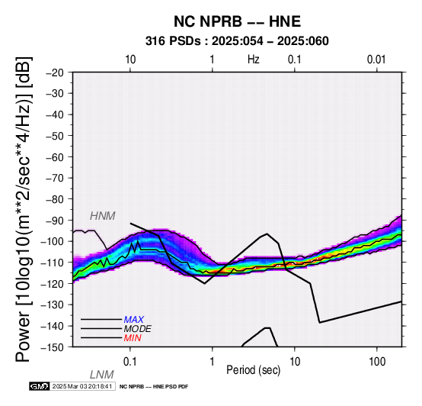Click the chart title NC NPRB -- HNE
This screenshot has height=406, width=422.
(237, 21)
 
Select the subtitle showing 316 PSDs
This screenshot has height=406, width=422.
(237, 41)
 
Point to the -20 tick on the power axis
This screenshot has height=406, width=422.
(55, 72)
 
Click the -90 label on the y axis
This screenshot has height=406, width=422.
(55, 221)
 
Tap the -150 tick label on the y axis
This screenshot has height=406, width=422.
(53, 347)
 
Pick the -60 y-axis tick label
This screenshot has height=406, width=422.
(55, 157)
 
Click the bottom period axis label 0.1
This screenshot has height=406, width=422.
(130, 362)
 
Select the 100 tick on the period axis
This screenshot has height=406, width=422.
(377, 362)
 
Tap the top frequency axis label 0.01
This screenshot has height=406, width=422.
(376, 60)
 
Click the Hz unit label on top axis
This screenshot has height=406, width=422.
(253, 60)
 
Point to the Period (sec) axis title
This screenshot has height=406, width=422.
(253, 370)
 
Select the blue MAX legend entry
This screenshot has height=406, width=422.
(134, 320)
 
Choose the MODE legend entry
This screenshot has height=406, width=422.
(138, 329)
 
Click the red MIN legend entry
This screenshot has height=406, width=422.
(133, 338)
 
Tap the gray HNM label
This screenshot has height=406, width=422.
(103, 216)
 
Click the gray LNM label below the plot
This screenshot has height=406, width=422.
(102, 375)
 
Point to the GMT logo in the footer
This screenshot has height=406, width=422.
(40, 386)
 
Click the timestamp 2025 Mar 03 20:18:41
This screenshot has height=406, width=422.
(82, 386)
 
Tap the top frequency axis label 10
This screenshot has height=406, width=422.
(130, 60)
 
